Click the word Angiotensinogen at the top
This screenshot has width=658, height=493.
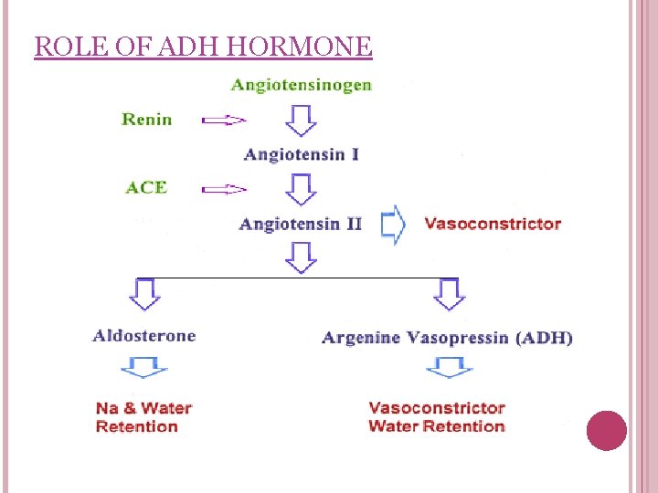pos(302,85)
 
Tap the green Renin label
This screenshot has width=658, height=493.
pos(146,119)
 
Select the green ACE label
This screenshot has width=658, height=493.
pos(146,187)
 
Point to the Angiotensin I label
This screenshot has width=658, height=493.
pos(302,154)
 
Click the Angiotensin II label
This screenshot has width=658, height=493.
pos(301,224)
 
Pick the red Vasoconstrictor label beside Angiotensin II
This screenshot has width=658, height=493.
pos(493,224)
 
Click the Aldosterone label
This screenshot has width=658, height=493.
pos(144,335)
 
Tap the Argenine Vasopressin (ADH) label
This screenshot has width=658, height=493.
pos(448,338)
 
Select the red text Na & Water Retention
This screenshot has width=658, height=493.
pos(143,417)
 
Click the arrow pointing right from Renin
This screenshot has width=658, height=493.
pos(224,119)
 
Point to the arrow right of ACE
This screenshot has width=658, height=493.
pos(224,189)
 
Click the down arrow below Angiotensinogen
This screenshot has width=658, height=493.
pos(302,120)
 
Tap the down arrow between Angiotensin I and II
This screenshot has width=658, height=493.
pos(302,189)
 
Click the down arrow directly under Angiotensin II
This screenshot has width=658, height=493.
pos(302,257)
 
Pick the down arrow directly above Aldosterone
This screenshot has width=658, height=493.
pos(144,295)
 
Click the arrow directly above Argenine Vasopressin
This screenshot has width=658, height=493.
pos(449,295)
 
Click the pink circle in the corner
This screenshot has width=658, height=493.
pos(606,430)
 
